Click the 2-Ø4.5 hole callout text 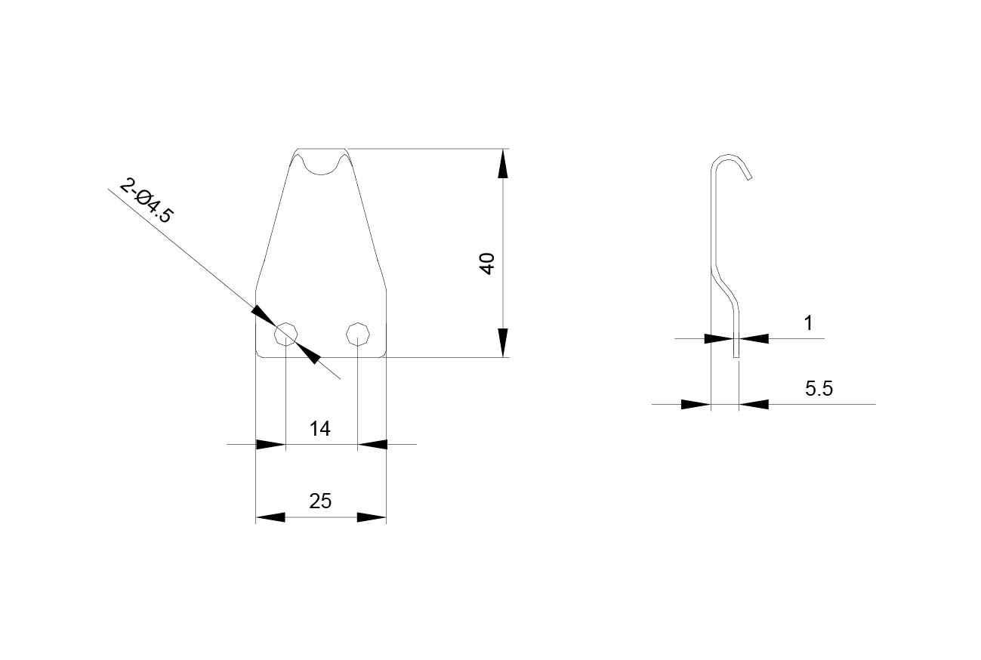[147, 201]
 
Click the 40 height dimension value [487, 264]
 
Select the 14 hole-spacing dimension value [320, 429]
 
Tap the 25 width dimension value [320, 501]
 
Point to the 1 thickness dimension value [809, 323]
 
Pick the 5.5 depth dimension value [819, 388]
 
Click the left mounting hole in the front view [285, 335]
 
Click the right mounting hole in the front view [358, 335]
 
